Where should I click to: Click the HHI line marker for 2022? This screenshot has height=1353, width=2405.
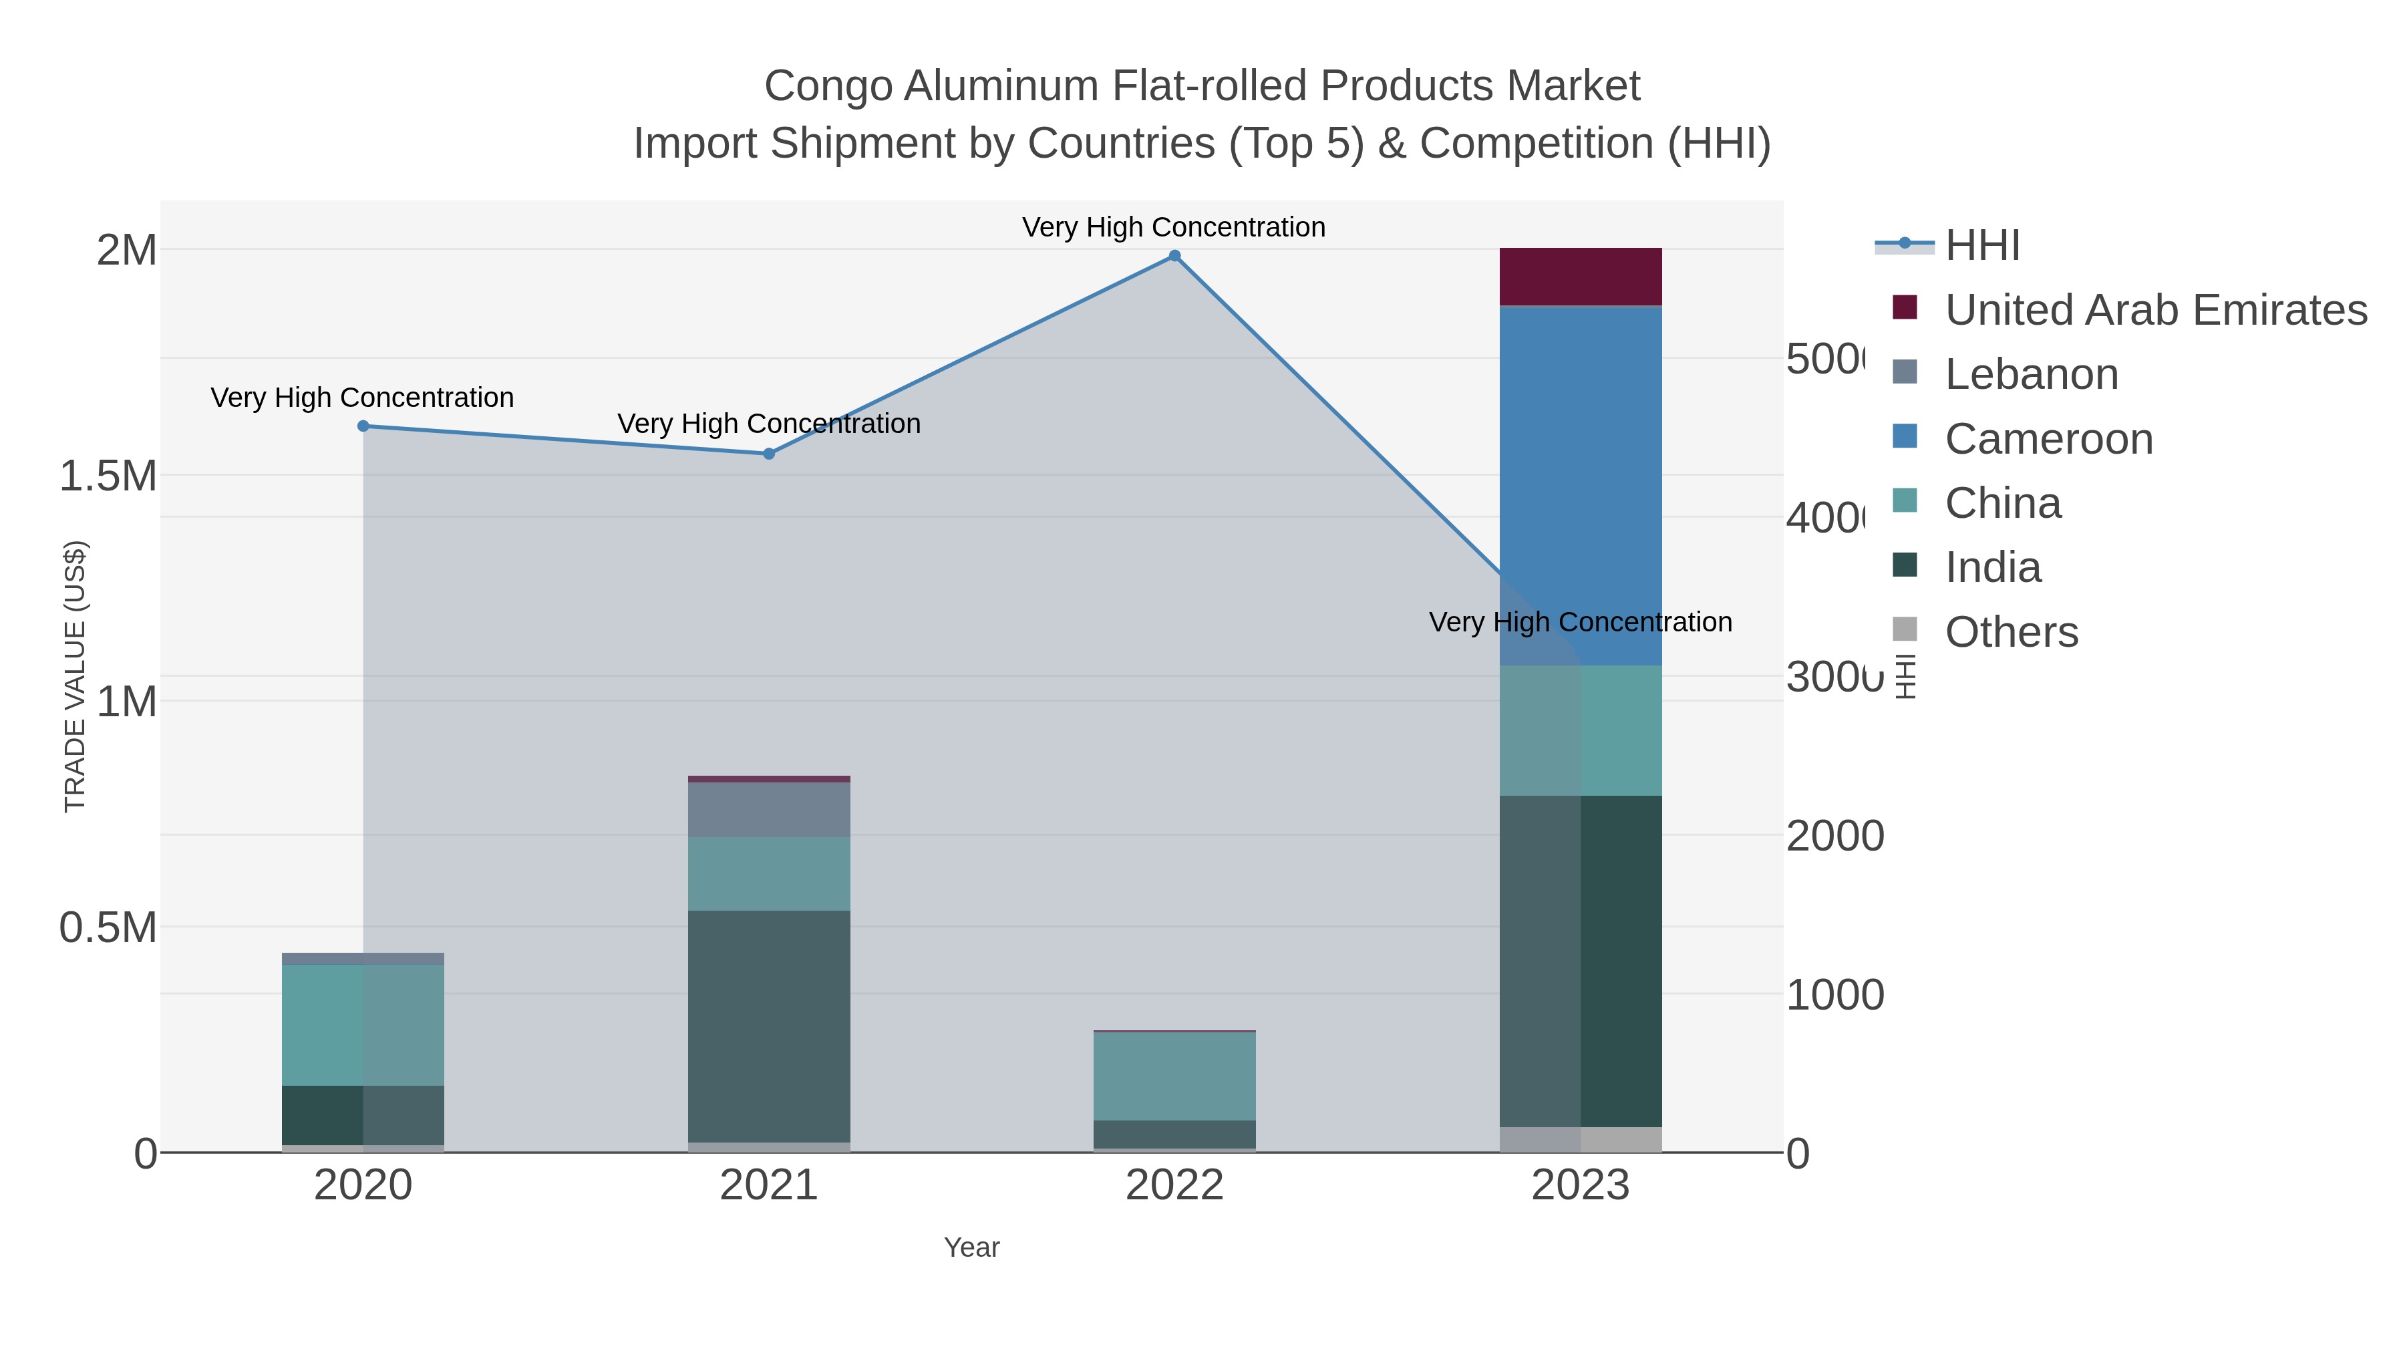click(1174, 256)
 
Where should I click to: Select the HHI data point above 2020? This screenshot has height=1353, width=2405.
click(363, 426)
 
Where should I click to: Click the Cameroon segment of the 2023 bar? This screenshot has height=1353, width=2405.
click(1580, 486)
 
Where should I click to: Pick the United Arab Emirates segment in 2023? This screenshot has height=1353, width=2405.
click(1580, 277)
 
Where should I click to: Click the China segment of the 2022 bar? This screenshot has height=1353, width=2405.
click(1174, 1076)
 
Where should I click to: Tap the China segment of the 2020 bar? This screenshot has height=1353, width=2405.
click(363, 1024)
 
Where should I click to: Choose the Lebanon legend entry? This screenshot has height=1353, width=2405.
click(2032, 374)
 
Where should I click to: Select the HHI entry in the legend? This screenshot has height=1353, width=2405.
click(1982, 246)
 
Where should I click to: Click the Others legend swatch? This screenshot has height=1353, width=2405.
click(1905, 630)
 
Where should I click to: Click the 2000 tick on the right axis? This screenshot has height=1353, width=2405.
click(1834, 836)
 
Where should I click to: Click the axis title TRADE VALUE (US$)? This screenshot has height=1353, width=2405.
click(75, 676)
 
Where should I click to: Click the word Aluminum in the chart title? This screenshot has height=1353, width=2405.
click(1002, 86)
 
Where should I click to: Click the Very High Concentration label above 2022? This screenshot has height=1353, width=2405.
click(1174, 227)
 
